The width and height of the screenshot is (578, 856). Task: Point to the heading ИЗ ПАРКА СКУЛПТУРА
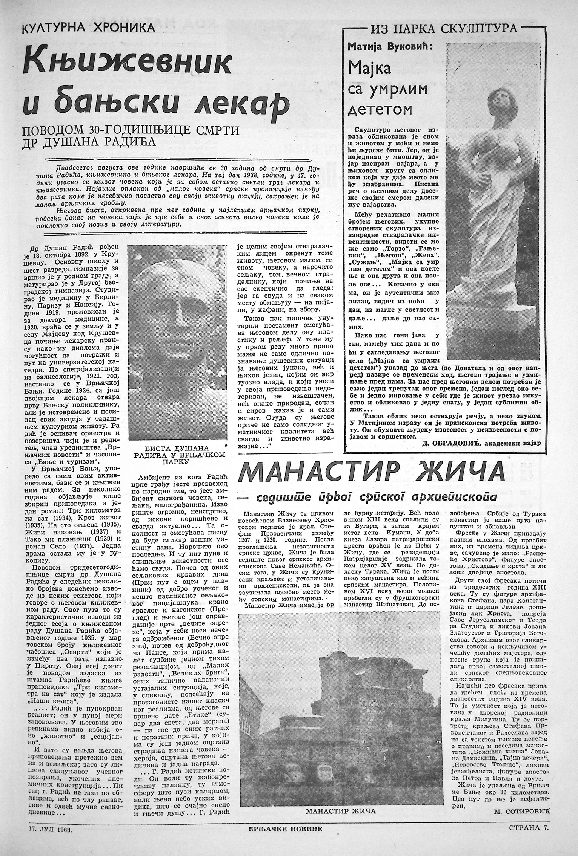(x=444, y=28)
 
